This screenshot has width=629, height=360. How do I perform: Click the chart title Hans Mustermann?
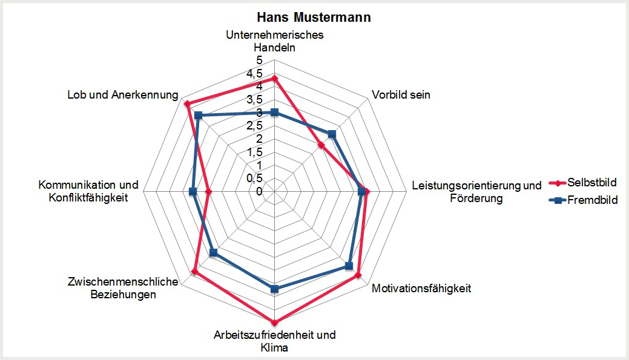click(314, 18)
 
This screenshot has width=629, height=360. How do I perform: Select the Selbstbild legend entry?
click(591, 182)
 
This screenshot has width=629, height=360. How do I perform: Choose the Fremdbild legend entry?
click(591, 200)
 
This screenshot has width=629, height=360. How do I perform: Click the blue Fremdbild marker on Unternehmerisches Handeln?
click(274, 112)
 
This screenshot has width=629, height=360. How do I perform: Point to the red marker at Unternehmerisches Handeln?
click(274, 79)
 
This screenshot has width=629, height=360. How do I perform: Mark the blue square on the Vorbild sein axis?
click(331, 134)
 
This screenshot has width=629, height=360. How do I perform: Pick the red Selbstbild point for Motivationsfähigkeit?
click(358, 275)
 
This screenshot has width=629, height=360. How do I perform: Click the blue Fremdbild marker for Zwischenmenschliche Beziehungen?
click(212, 253)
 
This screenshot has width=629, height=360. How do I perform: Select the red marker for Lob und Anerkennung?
click(187, 104)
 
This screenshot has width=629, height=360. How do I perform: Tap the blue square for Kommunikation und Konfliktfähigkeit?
click(193, 191)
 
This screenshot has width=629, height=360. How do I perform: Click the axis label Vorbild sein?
click(401, 95)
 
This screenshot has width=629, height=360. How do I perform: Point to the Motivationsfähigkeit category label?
click(421, 288)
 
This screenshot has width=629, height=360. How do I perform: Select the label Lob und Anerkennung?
click(123, 96)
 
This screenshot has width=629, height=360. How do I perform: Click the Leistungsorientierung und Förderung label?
click(476, 191)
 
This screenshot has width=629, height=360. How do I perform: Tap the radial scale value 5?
click(259, 61)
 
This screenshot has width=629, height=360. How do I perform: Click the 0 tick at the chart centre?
click(259, 191)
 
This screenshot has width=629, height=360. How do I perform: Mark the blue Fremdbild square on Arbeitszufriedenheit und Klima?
click(274, 289)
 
